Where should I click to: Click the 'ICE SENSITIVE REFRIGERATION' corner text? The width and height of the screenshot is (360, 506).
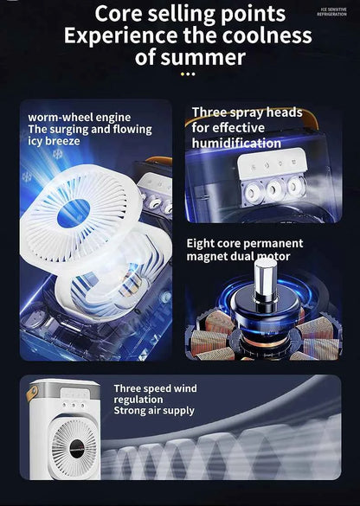[331, 12]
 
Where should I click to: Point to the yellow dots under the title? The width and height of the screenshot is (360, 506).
[188, 74]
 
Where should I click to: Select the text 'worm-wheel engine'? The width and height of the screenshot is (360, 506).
[79, 117]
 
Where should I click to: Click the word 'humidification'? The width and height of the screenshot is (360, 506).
[235, 144]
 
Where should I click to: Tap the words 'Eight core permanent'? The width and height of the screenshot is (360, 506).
[245, 244]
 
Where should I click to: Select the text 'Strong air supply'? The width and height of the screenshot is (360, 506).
[154, 411]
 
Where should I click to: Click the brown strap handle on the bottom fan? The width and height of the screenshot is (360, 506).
[32, 394]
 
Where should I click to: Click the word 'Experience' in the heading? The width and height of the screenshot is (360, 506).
[115, 36]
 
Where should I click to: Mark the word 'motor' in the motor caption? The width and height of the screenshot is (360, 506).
[273, 256]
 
